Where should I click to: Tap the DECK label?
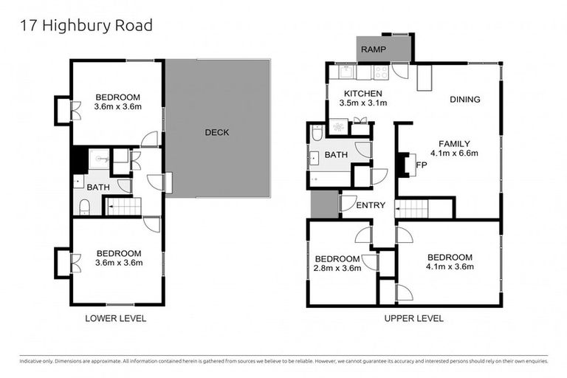(217, 133)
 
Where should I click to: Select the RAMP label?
(372, 49)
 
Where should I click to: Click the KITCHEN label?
(363, 94)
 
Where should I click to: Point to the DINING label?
(464, 100)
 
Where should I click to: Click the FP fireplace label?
(421, 165)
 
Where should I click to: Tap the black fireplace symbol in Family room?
(402, 165)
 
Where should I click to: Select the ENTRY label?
(371, 205)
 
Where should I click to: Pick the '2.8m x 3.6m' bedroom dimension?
(338, 269)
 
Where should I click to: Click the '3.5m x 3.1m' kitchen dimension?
(363, 105)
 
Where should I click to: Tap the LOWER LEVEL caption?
(116, 318)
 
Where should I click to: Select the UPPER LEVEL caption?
(413, 318)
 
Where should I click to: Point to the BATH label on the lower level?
(98, 188)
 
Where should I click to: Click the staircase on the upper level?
(412, 209)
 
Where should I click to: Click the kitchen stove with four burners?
(382, 72)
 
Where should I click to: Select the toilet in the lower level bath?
(84, 207)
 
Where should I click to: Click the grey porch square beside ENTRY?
(323, 204)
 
